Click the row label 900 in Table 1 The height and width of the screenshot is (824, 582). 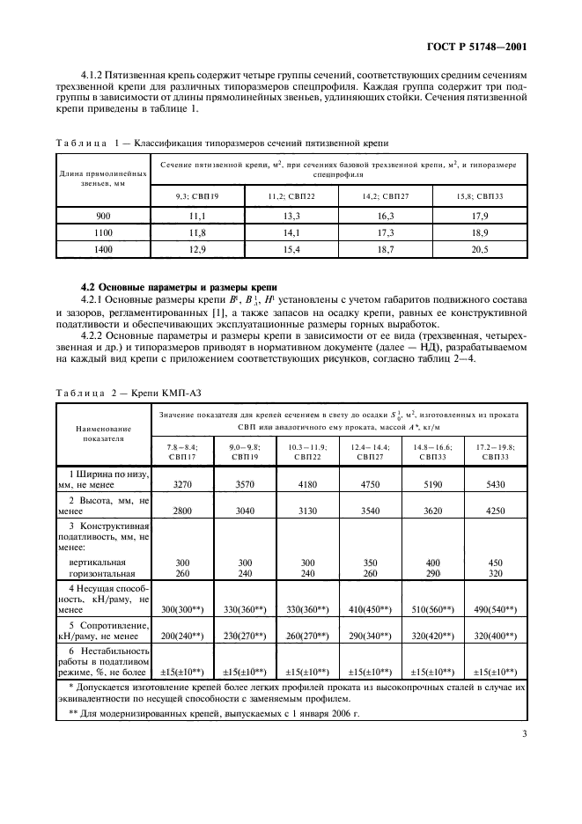pyautogui.click(x=102, y=216)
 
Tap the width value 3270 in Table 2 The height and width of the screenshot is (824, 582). pyautogui.click(x=183, y=483)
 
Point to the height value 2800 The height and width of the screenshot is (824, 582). pyautogui.click(x=183, y=509)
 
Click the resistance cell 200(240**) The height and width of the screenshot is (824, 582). pyautogui.click(x=183, y=632)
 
